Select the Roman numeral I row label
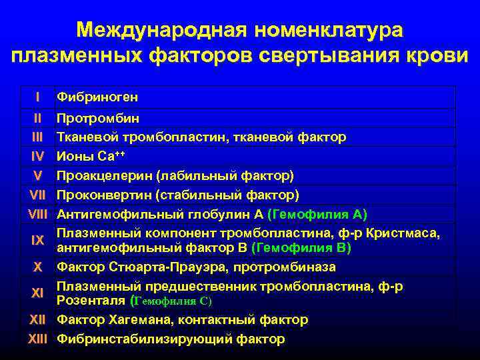click(x=37, y=97)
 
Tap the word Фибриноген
click(x=97, y=97)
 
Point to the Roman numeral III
click(x=37, y=137)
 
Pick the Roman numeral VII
click(x=37, y=195)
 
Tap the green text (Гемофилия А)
click(x=317, y=215)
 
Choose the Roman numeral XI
click(x=37, y=293)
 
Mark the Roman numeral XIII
click(x=37, y=339)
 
